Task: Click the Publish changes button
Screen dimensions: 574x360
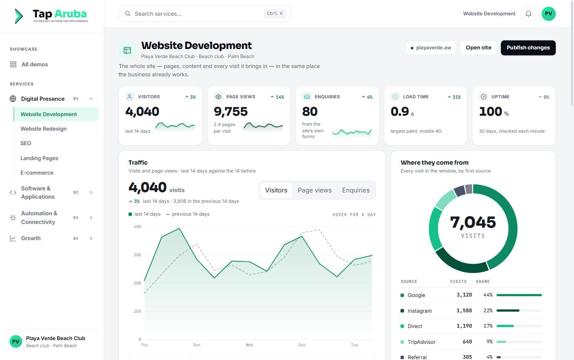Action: [528, 48]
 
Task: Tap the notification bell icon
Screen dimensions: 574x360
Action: [528, 14]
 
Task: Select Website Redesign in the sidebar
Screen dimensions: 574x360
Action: [44, 129]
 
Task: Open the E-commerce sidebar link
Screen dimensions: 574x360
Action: [37, 173]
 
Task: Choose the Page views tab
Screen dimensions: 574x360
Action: [315, 190]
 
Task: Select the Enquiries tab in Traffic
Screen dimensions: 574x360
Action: [356, 190]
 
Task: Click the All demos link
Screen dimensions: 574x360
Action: [34, 64]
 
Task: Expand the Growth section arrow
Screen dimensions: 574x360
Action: [91, 238]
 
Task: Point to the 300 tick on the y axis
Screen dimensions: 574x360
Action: [137, 255]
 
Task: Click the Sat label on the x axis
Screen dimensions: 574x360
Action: [302, 345]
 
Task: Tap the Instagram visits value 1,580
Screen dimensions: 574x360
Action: [464, 311]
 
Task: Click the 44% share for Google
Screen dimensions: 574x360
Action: [488, 295]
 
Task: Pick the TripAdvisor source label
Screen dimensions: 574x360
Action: [421, 342]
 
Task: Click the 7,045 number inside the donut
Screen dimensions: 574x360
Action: [473, 222]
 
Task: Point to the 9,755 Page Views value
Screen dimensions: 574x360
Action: [230, 111]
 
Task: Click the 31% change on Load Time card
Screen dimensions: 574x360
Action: [454, 97]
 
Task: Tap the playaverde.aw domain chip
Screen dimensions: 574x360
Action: [431, 48]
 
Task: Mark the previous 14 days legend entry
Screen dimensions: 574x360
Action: [188, 214]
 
